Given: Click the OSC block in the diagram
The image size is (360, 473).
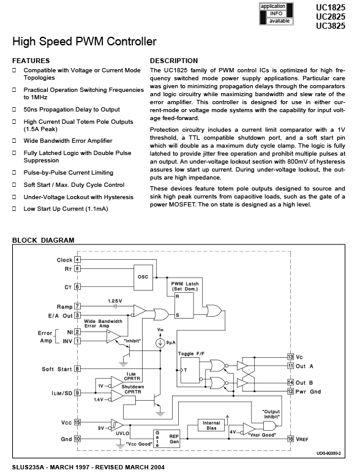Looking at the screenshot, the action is point(143,277).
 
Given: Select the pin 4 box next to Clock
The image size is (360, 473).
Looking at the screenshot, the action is point(78,259).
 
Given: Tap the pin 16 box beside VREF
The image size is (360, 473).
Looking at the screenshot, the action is point(290,439).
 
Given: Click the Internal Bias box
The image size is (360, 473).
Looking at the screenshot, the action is point(211,425).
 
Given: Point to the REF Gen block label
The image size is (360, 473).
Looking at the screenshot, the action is point(174,439).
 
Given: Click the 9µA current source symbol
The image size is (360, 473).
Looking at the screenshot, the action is point(160,342).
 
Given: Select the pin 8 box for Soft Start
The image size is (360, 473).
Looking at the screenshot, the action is point(78,369).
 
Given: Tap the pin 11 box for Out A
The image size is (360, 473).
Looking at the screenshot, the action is point(290,366).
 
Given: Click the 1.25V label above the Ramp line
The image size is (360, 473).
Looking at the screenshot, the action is point(115,301).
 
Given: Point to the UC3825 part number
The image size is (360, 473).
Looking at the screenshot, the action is point(331,26).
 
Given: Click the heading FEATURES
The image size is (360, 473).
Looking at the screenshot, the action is point(31,61).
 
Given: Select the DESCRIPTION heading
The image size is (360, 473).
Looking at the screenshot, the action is point(174,61).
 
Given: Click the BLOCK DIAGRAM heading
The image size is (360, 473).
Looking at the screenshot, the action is point(43,240).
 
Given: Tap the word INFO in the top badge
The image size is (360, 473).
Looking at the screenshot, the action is point(276,13).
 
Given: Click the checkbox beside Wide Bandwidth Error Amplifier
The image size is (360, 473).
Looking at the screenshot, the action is point(14,140).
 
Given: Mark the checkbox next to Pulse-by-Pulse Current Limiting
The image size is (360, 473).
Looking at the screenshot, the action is point(14,173).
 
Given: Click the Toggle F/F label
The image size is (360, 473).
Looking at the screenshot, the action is point(191,354).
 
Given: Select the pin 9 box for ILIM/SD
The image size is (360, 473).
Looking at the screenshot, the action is point(78,393).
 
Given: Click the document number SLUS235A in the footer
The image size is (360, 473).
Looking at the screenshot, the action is point(28,467).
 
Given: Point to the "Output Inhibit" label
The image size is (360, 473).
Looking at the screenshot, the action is point(271,414).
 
